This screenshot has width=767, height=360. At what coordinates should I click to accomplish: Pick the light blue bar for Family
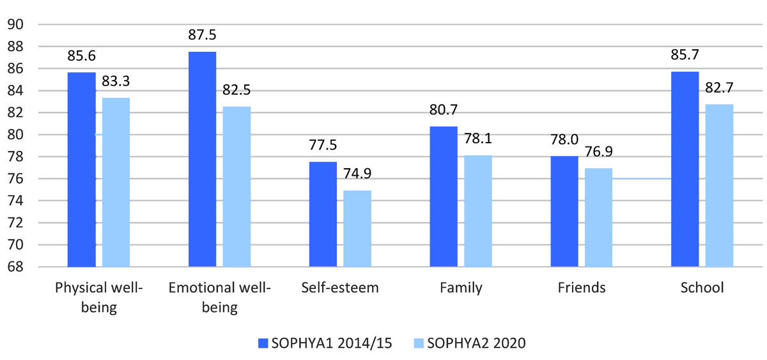click(x=478, y=211)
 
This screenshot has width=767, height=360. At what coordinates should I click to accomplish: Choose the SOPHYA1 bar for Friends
click(x=564, y=211)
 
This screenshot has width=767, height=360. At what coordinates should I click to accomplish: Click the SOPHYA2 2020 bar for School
click(x=719, y=185)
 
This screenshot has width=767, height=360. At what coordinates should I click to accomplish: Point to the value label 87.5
click(x=202, y=35)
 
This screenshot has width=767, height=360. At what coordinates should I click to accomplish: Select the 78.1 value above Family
click(x=478, y=139)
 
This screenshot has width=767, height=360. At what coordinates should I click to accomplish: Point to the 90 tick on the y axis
click(x=16, y=24)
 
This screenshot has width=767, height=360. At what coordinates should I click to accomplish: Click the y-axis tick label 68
click(x=16, y=267)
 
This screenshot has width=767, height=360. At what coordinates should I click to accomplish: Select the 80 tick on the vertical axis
click(x=16, y=135)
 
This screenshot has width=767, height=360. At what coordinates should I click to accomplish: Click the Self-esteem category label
click(x=340, y=288)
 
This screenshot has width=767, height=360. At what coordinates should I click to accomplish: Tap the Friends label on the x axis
click(x=582, y=288)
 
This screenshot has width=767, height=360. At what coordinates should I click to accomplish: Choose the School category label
click(x=702, y=288)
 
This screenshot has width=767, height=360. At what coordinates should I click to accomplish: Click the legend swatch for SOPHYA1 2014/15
click(x=261, y=343)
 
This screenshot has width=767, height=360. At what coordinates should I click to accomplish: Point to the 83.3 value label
click(x=116, y=81)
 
